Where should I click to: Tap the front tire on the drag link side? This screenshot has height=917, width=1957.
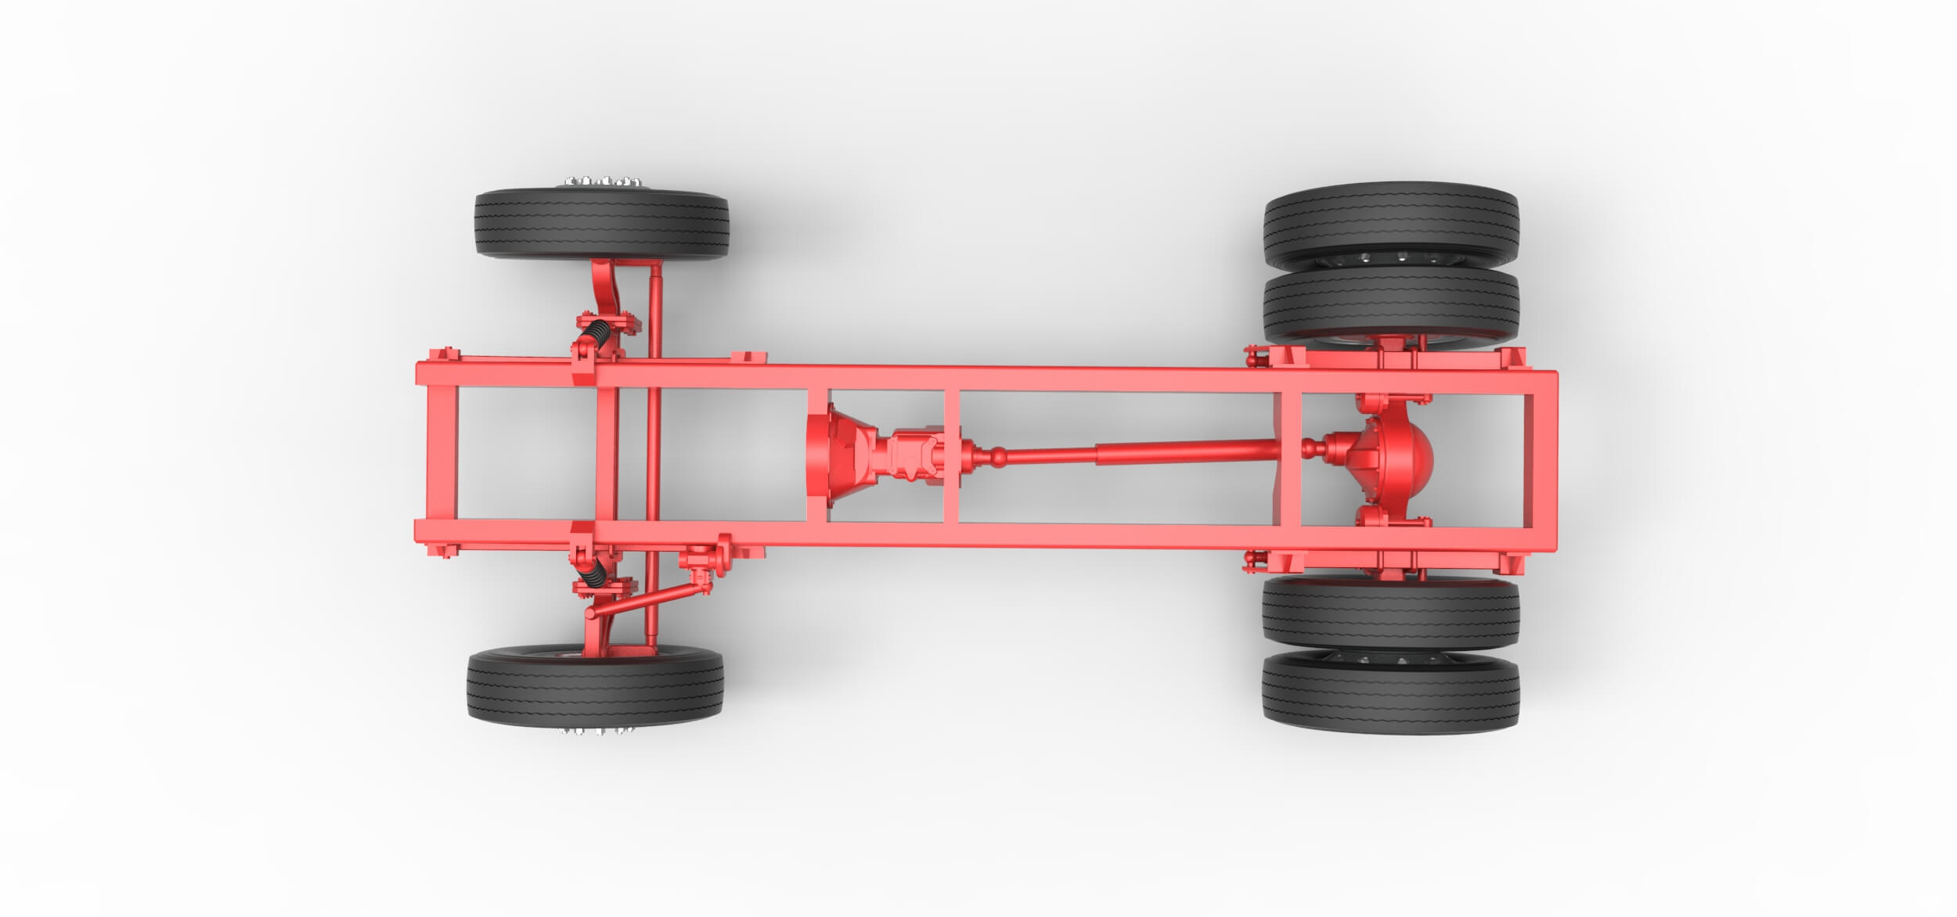(595, 686)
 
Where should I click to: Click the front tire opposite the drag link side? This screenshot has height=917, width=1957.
(601, 224)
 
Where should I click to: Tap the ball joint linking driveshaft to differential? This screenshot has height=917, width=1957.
(1311, 448)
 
